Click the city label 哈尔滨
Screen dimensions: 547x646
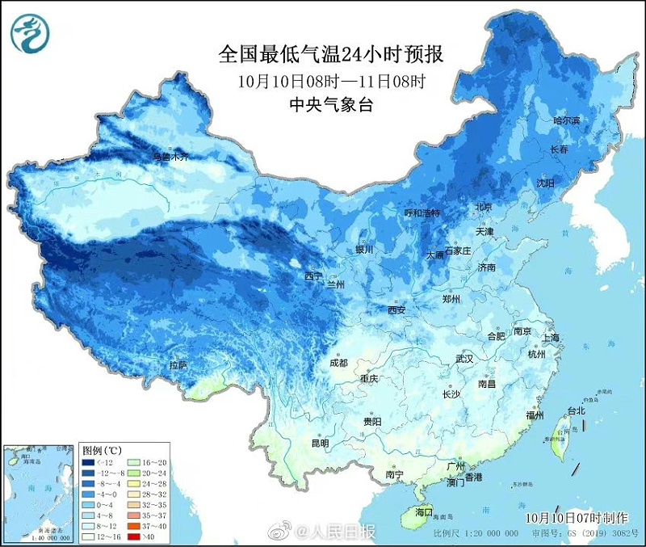(566, 120)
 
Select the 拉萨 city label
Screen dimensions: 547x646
(178, 365)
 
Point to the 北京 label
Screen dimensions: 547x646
(484, 207)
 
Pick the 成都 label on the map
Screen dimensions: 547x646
(338, 363)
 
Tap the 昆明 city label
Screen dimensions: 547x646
(320, 443)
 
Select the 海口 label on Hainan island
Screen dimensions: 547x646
(424, 512)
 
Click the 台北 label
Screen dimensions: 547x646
(576, 410)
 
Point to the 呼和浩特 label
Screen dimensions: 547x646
(422, 212)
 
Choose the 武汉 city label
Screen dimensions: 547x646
(464, 357)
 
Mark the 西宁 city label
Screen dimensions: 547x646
(313, 276)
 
